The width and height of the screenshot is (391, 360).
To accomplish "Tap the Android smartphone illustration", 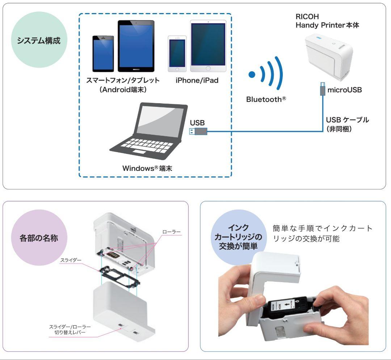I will coord(103,54).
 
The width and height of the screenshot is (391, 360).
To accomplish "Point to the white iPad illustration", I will coord(208,46).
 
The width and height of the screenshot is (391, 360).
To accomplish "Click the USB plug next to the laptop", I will coord(198,131).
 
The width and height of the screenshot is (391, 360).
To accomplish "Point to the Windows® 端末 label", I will coord(154,168).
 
